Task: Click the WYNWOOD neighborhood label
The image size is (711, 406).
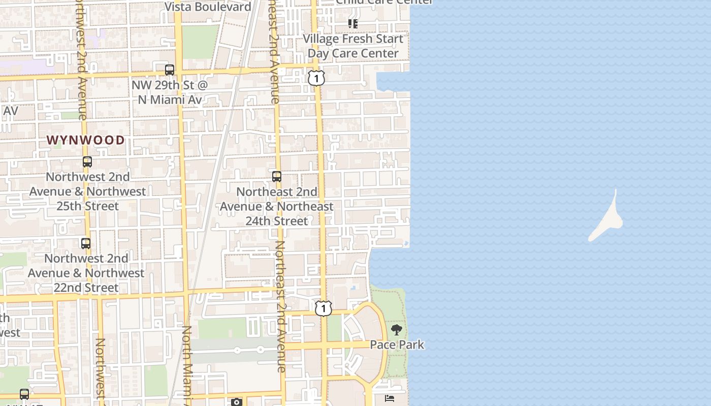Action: [x=86, y=140]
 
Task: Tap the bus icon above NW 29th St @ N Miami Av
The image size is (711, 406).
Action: [x=170, y=70]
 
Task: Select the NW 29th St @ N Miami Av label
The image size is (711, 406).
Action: [x=170, y=92]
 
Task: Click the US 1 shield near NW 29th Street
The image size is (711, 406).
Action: [x=316, y=78]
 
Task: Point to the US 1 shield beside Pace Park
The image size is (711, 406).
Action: [x=323, y=308]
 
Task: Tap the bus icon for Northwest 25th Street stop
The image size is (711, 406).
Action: [x=87, y=162]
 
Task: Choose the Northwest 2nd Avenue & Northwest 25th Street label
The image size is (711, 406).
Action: [x=87, y=191]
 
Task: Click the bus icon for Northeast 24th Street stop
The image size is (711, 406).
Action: [x=277, y=177]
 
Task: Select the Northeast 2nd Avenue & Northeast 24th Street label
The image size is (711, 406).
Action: [x=277, y=206]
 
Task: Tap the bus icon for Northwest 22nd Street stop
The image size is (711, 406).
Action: [x=86, y=243]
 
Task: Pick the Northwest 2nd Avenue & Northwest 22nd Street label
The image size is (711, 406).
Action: [x=86, y=273]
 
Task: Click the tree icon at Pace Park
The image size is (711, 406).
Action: [x=397, y=330]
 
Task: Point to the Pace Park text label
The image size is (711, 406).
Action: [x=397, y=345]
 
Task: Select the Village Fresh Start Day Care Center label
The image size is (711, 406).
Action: [x=353, y=46]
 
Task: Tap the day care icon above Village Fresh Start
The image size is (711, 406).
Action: [x=353, y=23]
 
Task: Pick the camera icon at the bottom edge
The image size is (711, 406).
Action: [x=237, y=402]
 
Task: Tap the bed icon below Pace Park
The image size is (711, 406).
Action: [x=390, y=398]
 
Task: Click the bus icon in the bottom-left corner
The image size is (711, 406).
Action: [x=24, y=394]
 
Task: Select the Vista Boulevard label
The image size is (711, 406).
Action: [x=208, y=7]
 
